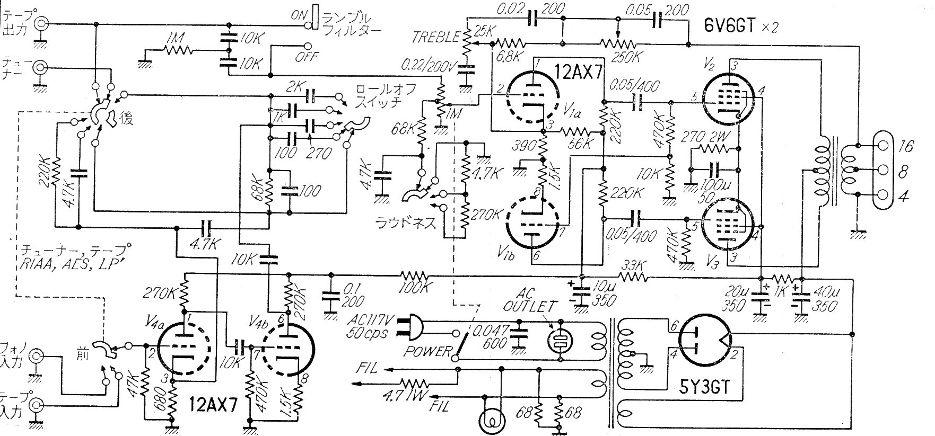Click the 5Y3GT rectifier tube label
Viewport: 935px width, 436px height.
pos(704,389)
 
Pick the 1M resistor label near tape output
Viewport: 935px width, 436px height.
pos(174,39)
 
